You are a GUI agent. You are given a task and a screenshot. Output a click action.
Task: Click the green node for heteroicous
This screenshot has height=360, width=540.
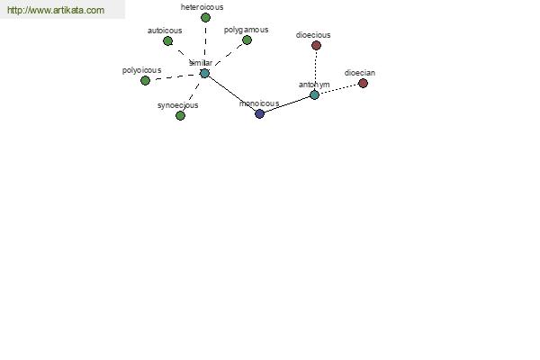click(205, 18)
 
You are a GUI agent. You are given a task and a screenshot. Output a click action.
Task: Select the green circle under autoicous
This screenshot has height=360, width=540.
click(167, 41)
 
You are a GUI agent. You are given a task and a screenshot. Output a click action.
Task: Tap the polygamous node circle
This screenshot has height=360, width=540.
click(247, 40)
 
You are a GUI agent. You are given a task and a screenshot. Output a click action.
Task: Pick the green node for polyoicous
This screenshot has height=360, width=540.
click(145, 81)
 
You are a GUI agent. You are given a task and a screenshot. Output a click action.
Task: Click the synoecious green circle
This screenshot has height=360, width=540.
click(181, 116)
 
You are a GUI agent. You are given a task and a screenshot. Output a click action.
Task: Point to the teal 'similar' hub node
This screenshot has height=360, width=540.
click(204, 74)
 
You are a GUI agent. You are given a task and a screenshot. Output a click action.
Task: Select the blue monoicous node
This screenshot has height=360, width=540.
click(260, 113)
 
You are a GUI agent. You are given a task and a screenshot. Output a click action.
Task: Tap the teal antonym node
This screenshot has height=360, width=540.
click(314, 94)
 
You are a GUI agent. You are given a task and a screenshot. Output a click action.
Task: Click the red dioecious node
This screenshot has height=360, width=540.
click(316, 46)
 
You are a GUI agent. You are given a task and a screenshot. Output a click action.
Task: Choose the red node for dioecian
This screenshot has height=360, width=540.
click(363, 83)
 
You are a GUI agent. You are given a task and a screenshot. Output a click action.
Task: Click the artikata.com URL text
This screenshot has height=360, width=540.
click(56, 10)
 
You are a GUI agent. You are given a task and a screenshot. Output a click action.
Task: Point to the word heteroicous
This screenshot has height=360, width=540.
click(202, 7)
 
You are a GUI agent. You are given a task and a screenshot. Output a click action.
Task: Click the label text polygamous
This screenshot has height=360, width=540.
click(247, 30)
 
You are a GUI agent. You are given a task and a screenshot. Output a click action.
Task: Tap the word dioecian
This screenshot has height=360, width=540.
click(360, 73)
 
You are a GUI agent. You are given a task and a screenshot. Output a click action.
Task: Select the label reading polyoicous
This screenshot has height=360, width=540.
click(142, 70)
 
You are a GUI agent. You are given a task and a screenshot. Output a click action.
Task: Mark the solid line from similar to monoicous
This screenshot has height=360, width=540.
click(232, 94)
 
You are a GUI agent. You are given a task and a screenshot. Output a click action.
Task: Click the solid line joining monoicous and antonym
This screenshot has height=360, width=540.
click(287, 104)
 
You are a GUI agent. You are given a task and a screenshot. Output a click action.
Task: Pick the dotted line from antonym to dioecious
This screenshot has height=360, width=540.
click(316, 70)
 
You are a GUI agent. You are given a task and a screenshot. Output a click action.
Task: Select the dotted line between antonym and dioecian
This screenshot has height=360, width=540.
click(339, 89)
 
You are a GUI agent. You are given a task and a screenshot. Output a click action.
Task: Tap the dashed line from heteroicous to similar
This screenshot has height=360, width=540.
click(205, 46)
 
